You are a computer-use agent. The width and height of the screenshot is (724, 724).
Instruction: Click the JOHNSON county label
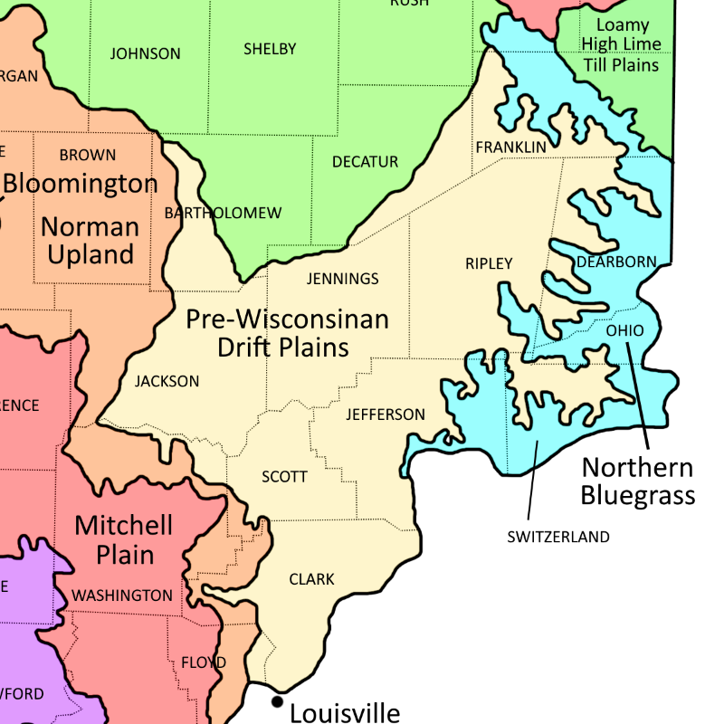pyautogui.click(x=145, y=53)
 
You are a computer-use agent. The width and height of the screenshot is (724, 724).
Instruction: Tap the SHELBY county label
pyautogui.click(x=270, y=49)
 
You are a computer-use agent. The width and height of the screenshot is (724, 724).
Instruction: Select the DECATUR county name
pyautogui.click(x=365, y=162)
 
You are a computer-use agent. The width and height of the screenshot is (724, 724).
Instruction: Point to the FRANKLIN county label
pyautogui.click(x=510, y=147)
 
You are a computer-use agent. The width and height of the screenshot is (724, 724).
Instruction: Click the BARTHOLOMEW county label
pyautogui.click(x=223, y=214)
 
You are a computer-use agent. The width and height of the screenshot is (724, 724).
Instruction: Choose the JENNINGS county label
pyautogui.click(x=342, y=278)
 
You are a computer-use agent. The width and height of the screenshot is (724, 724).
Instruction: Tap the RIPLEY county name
pyautogui.click(x=489, y=264)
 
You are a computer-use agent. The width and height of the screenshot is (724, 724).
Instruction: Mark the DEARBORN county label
pyautogui.click(x=616, y=262)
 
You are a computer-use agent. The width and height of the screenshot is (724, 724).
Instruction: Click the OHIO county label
pyautogui.click(x=624, y=331)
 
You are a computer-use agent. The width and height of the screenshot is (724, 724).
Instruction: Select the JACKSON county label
pyautogui.click(x=167, y=381)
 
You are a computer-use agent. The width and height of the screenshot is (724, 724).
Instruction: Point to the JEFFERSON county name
pyautogui.click(x=385, y=414)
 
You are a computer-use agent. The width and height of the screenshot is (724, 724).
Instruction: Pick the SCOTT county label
pyautogui.click(x=284, y=477)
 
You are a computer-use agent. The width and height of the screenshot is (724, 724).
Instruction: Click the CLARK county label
pyautogui.click(x=311, y=579)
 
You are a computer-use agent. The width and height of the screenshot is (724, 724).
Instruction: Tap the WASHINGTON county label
pyautogui.click(x=121, y=595)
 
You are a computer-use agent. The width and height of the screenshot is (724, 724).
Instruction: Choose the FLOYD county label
pyautogui.click(x=204, y=662)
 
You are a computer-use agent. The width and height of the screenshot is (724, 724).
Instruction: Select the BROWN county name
pyautogui.click(x=87, y=155)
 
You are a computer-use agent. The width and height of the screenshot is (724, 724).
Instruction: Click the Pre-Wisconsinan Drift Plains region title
pyautogui.click(x=287, y=332)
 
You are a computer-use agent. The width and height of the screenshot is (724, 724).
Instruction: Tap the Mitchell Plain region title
pyautogui.click(x=124, y=539)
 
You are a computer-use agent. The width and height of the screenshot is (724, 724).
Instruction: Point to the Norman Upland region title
pyautogui.click(x=90, y=240)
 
